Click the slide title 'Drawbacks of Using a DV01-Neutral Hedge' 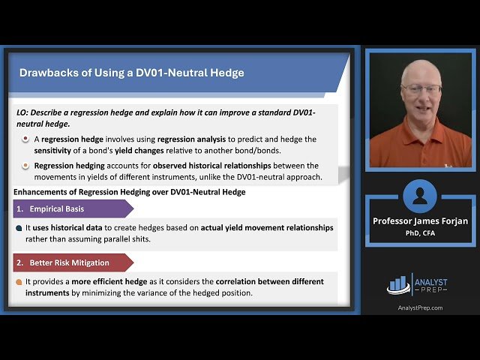pyautogui.click(x=131, y=73)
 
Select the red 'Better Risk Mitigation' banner pyautogui.click(x=68, y=263)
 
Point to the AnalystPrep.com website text pyautogui.click(x=419, y=307)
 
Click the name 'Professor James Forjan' pyautogui.click(x=419, y=221)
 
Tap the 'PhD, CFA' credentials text pyautogui.click(x=419, y=232)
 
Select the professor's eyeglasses pyautogui.click(x=421, y=88)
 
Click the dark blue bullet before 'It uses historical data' pyautogui.click(x=19, y=228)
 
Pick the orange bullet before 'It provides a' pyautogui.click(x=19, y=282)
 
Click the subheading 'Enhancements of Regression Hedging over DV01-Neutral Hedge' pyautogui.click(x=130, y=192)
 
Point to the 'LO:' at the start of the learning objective pyautogui.click(x=22, y=112)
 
